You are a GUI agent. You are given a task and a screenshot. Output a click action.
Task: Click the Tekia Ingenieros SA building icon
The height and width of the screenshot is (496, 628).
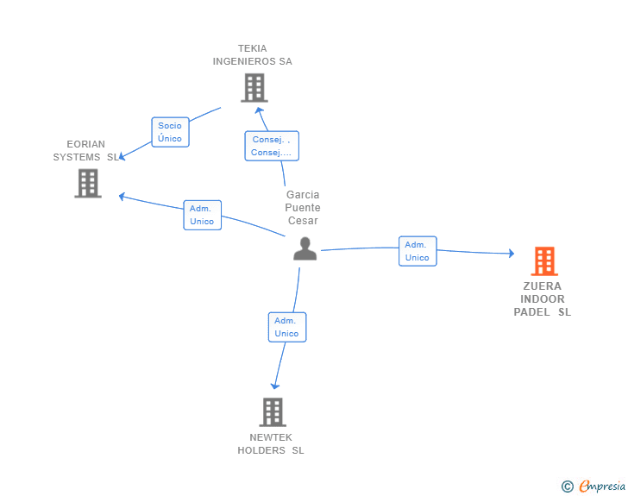click(x=254, y=87)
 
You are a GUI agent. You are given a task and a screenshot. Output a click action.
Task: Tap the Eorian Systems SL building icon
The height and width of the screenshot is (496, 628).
click(x=88, y=183)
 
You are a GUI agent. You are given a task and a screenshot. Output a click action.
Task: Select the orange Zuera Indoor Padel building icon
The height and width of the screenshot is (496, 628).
click(x=543, y=261)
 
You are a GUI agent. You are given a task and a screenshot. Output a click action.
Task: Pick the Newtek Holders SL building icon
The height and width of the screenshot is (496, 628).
click(x=273, y=411)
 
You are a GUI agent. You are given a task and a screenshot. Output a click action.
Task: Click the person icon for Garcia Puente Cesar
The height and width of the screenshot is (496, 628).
click(x=305, y=248)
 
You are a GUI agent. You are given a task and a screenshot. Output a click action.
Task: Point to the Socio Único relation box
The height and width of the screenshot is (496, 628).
click(x=170, y=132)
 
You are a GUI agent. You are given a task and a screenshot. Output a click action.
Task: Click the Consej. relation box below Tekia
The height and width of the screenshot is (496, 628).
click(x=271, y=146)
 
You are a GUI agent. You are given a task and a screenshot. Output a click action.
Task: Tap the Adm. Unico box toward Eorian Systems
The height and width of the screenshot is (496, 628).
click(x=202, y=215)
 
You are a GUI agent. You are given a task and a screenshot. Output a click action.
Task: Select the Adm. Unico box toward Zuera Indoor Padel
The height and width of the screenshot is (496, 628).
click(x=417, y=251)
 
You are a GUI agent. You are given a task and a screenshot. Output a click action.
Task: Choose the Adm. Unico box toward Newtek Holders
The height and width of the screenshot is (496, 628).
click(x=286, y=327)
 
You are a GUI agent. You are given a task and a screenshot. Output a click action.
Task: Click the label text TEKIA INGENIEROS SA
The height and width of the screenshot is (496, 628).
click(x=253, y=54)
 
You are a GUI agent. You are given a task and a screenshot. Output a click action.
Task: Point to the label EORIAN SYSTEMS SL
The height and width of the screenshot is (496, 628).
click(x=86, y=150)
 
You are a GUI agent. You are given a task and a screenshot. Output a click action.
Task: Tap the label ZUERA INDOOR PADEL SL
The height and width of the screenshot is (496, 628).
click(x=543, y=299)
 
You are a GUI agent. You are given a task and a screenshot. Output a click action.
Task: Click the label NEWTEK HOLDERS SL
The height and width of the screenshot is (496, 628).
click(x=271, y=443)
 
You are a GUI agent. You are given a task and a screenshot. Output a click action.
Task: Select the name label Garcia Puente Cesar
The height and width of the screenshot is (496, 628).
click(x=303, y=207)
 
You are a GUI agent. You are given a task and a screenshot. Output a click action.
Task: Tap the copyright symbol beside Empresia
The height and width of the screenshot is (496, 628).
click(x=567, y=487)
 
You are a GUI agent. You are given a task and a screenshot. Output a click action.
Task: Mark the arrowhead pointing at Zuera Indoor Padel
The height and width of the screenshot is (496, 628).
click(x=510, y=254)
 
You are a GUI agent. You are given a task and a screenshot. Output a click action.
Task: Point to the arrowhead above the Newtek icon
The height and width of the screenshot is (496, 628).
click(x=275, y=385)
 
